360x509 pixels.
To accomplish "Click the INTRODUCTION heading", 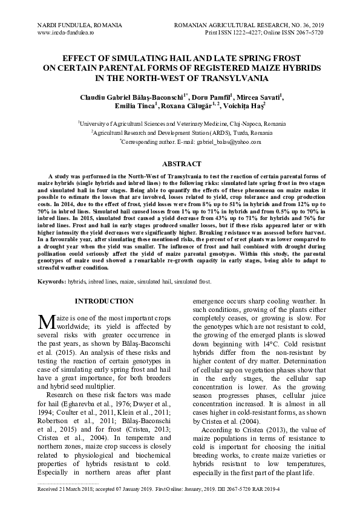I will pyautogui.click(x=104, y=301).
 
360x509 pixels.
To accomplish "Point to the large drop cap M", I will pyautogui.click(x=47, y=320).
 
